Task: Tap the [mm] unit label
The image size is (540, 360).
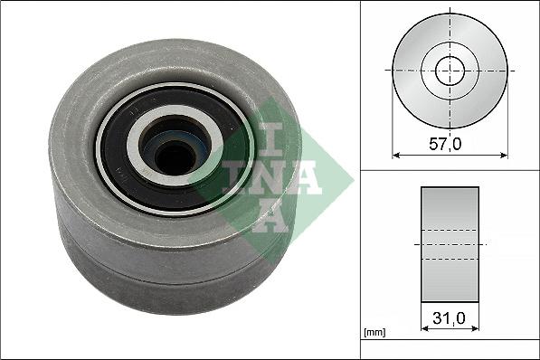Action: (374, 333)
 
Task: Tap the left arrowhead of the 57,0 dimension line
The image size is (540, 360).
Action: (395, 155)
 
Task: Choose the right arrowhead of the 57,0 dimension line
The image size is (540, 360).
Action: (504, 155)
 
